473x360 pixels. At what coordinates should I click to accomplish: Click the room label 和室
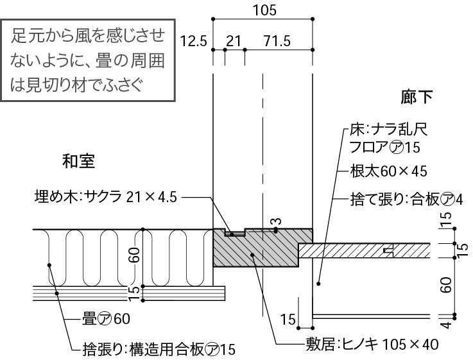click(79, 161)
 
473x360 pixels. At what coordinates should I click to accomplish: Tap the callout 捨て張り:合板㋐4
click(406, 198)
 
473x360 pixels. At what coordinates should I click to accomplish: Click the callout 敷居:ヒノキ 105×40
click(371, 345)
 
